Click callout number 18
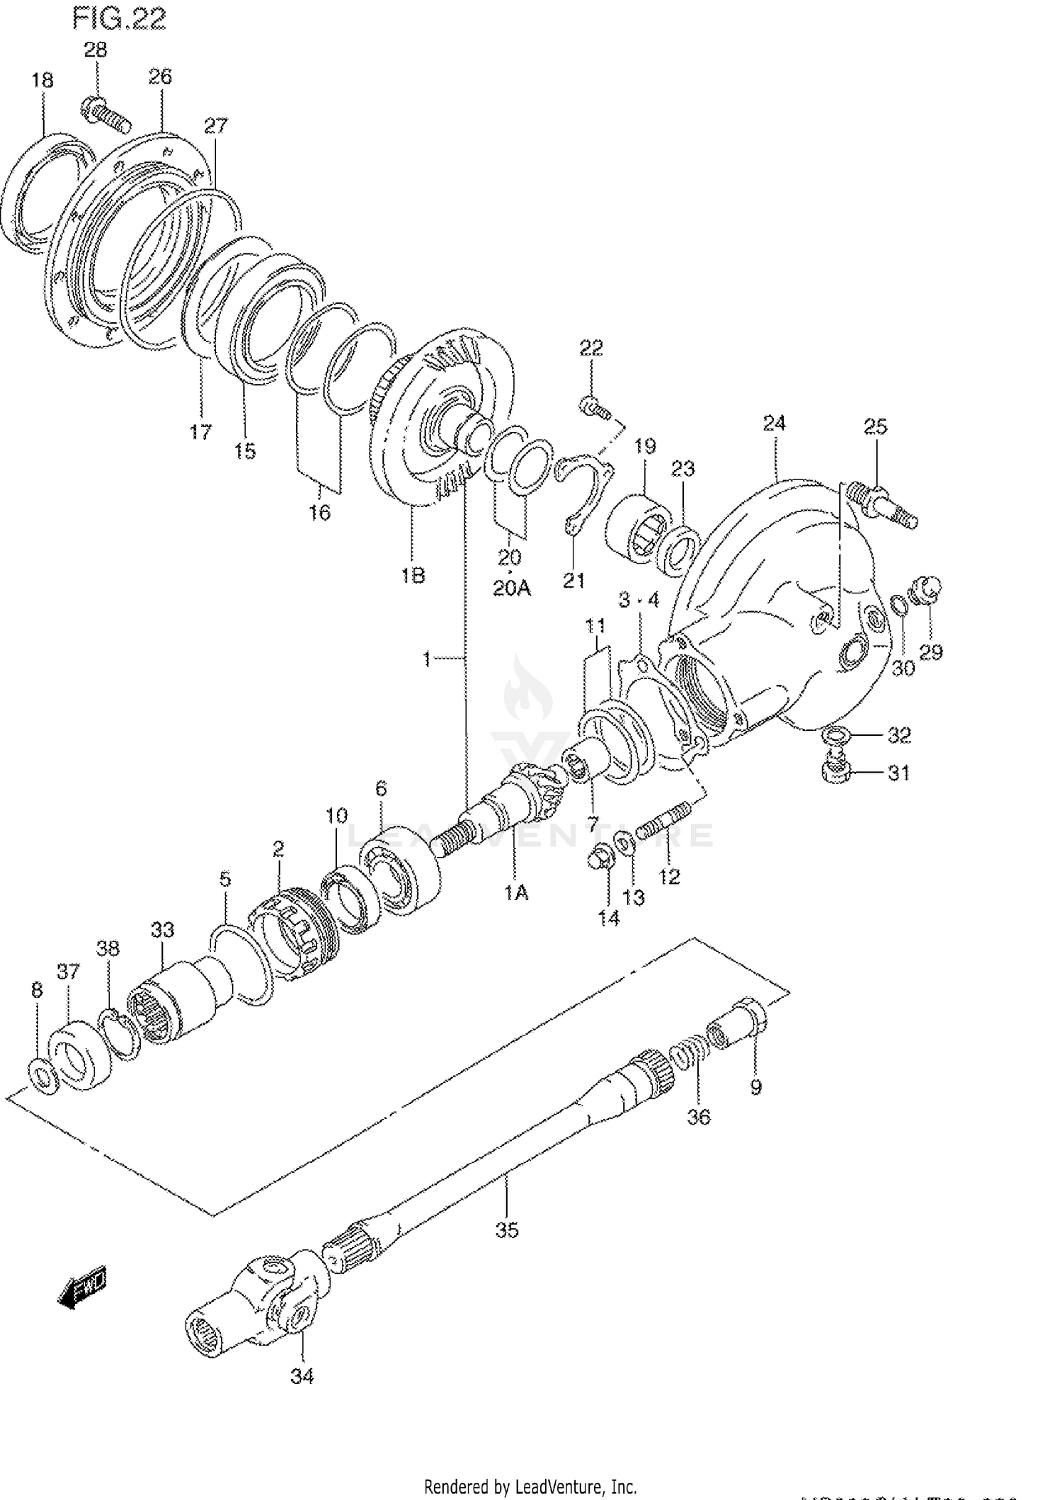click(42, 80)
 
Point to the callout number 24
click(774, 423)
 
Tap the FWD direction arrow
click(83, 1286)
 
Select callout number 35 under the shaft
click(507, 1230)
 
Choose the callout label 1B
click(413, 576)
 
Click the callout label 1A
click(516, 893)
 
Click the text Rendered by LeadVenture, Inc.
click(530, 1487)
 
